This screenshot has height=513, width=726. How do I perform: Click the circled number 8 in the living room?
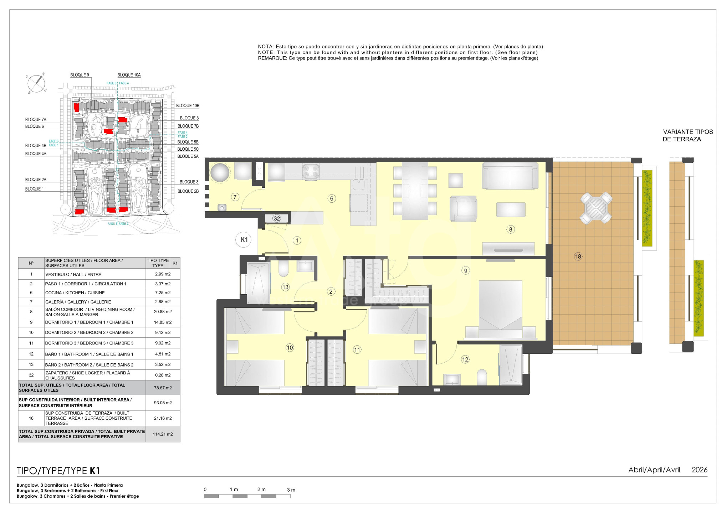pos(511,229)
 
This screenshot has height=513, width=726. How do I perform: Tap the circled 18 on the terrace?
pos(578,256)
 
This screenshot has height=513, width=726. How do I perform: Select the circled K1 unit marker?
pos(244,240)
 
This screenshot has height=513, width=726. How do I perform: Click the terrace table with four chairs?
pos(596,208)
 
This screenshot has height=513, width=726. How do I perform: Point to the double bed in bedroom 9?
pos(501,309)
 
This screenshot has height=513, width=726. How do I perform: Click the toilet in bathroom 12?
pos(482,377)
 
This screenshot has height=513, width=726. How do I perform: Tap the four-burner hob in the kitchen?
pos(311,171)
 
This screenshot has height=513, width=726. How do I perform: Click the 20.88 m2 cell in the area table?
pos(163,312)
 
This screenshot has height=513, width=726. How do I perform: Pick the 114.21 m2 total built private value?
pos(163,434)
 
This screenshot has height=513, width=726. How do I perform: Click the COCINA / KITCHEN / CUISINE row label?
pos(75,293)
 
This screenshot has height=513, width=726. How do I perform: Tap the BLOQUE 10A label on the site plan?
pos(129,75)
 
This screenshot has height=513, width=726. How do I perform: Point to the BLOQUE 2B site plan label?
pos(188,191)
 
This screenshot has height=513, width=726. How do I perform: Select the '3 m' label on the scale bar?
pos(291,490)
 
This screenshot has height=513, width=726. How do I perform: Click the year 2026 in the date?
pos(699,470)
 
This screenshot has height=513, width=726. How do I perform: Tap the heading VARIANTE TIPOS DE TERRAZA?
pos(688,135)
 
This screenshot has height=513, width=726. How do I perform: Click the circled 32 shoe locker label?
pos(277,218)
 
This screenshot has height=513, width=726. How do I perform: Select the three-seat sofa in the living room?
pos(510,176)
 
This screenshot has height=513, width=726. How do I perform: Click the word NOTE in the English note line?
pos(266,52)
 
